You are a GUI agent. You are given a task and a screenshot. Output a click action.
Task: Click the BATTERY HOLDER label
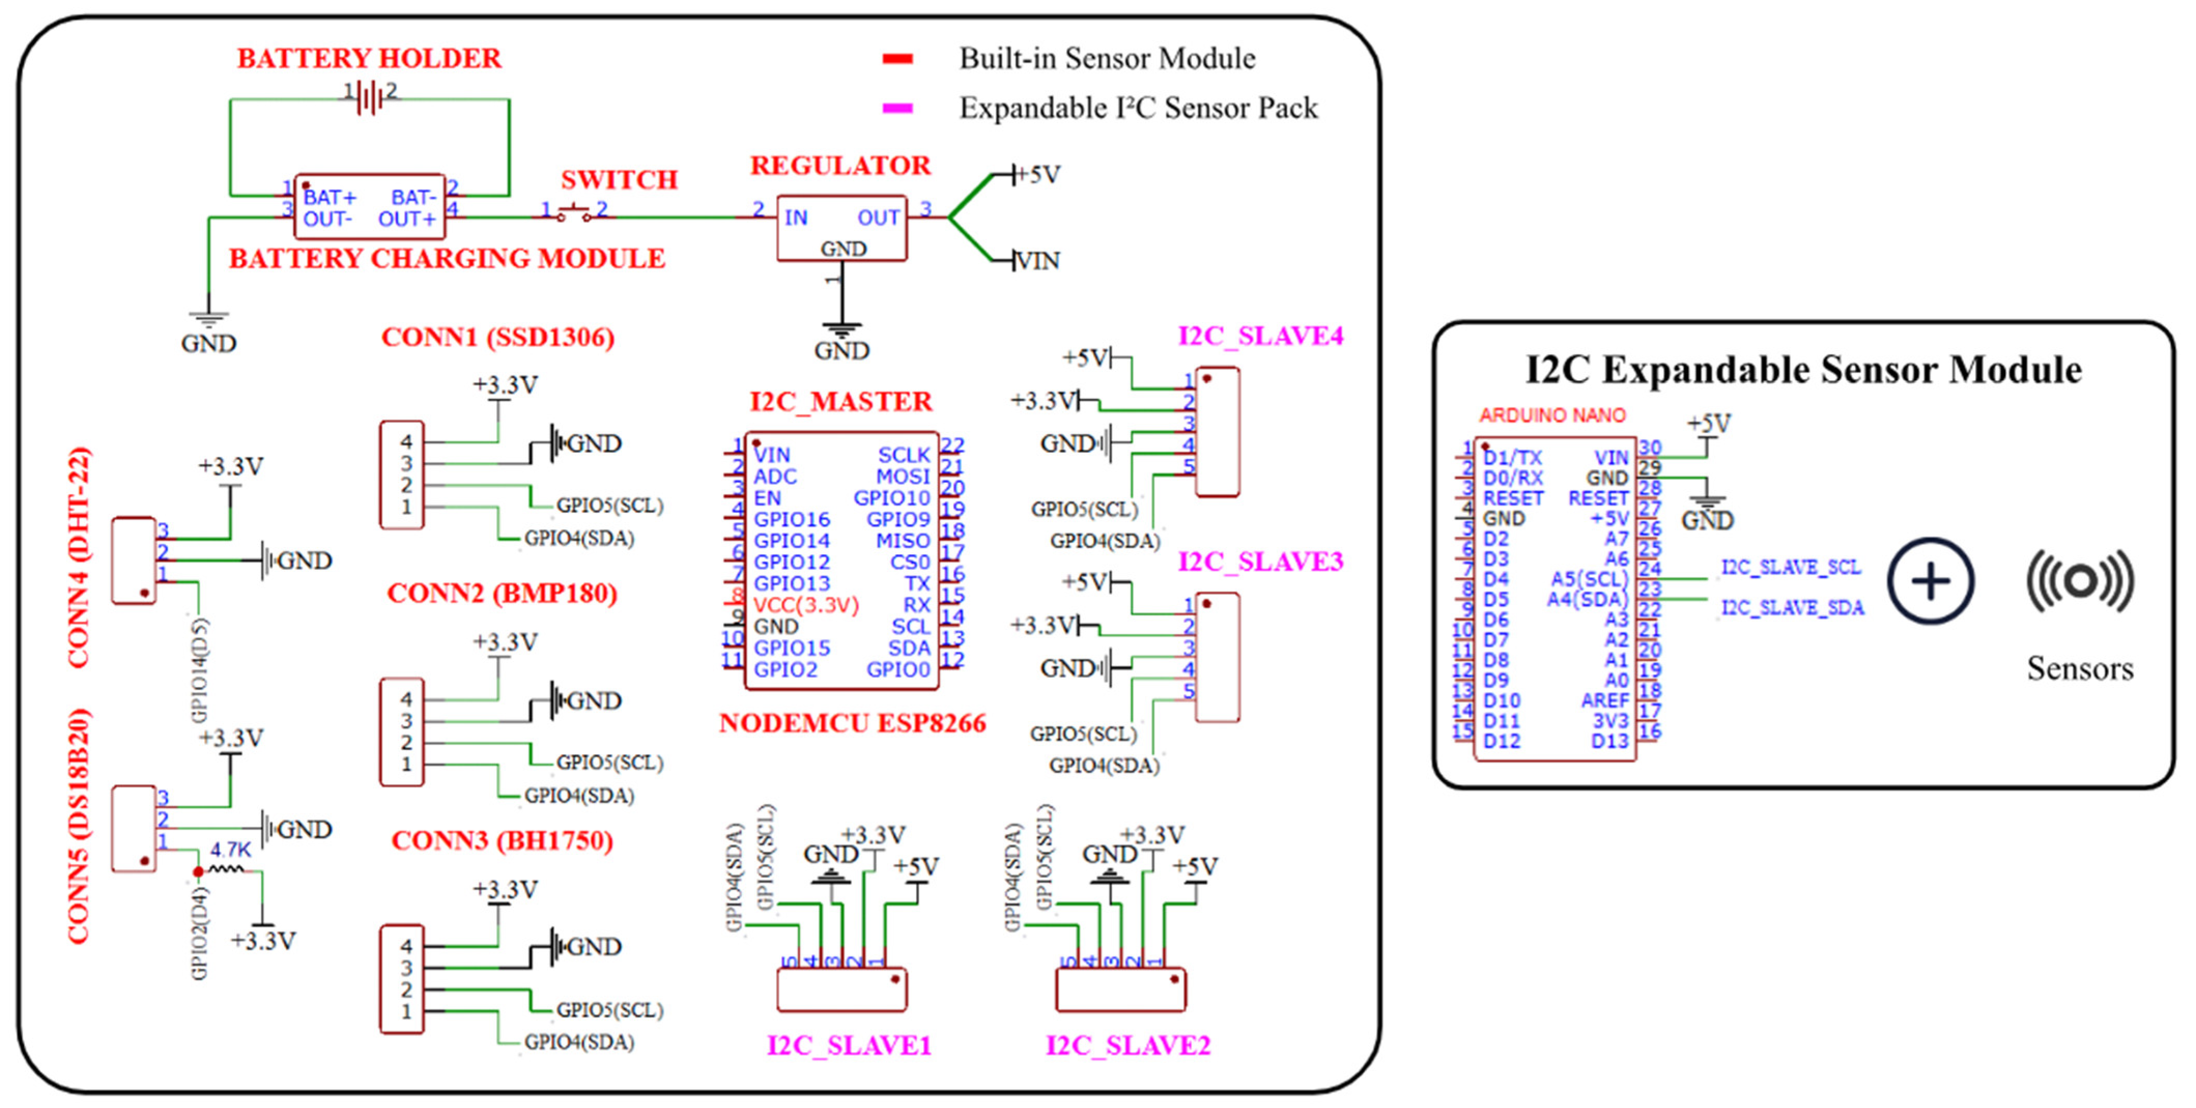[x=369, y=58]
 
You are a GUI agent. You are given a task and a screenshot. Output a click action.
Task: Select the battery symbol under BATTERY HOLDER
[x=369, y=97]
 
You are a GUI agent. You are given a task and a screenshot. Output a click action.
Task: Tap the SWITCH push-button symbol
[x=573, y=213]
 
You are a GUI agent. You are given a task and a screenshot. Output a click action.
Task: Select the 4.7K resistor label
[x=230, y=850]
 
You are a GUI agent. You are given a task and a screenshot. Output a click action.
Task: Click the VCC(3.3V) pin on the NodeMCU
[x=806, y=605]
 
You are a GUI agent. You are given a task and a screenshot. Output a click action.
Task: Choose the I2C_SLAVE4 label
[x=1260, y=336]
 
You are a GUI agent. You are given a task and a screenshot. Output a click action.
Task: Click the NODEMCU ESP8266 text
[x=852, y=723]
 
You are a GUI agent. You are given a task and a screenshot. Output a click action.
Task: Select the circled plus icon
[x=1930, y=581]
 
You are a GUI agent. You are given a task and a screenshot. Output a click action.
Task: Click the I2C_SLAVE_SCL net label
[x=1790, y=568]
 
